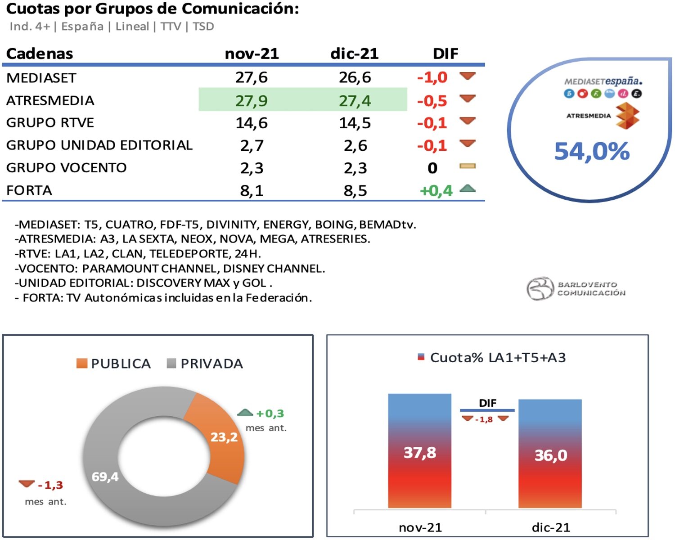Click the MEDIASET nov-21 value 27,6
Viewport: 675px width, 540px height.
pyautogui.click(x=251, y=77)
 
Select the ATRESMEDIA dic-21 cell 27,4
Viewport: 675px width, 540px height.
pyautogui.click(x=355, y=100)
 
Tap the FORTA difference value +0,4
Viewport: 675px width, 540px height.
pyautogui.click(x=436, y=190)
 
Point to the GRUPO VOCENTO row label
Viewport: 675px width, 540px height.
pyautogui.click(x=67, y=168)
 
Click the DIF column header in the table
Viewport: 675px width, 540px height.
pyautogui.click(x=445, y=54)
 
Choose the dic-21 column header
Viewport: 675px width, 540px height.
pyautogui.click(x=354, y=54)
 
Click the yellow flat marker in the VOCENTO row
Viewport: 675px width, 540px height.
pyautogui.click(x=467, y=166)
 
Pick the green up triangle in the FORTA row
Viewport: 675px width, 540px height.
pyautogui.click(x=468, y=189)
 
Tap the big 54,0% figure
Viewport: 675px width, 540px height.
pyautogui.click(x=591, y=151)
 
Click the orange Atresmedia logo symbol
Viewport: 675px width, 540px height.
pyautogui.click(x=627, y=116)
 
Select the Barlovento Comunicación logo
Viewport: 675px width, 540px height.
pyautogui.click(x=576, y=288)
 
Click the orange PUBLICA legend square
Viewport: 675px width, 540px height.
pyautogui.click(x=82, y=364)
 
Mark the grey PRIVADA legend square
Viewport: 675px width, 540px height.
pyautogui.click(x=171, y=364)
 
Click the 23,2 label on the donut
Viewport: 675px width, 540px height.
pyautogui.click(x=224, y=437)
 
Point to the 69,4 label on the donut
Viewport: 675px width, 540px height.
pyautogui.click(x=105, y=477)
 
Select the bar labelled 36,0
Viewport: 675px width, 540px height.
pyautogui.click(x=550, y=454)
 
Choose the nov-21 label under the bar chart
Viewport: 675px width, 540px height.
pyautogui.click(x=420, y=527)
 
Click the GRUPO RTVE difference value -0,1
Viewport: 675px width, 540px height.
pyautogui.click(x=432, y=123)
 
